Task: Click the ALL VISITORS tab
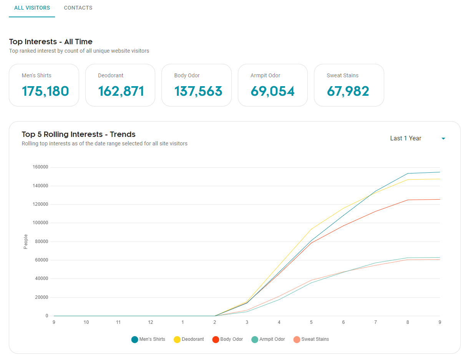(32, 8)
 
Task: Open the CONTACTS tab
(78, 8)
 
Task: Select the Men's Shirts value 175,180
(45, 91)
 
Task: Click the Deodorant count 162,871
(121, 91)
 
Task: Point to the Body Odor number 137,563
(198, 91)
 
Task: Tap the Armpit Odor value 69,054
(273, 91)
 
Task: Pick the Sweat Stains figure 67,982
(348, 91)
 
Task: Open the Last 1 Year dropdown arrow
(443, 138)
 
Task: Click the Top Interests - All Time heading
(51, 42)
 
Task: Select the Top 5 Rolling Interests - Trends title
(79, 134)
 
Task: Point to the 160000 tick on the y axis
(41, 167)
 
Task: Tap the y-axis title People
(26, 242)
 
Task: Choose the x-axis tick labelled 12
(151, 322)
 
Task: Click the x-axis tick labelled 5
(311, 322)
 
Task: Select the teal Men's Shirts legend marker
(134, 340)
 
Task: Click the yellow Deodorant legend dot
(177, 340)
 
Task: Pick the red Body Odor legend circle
(216, 340)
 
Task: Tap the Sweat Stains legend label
(315, 339)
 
